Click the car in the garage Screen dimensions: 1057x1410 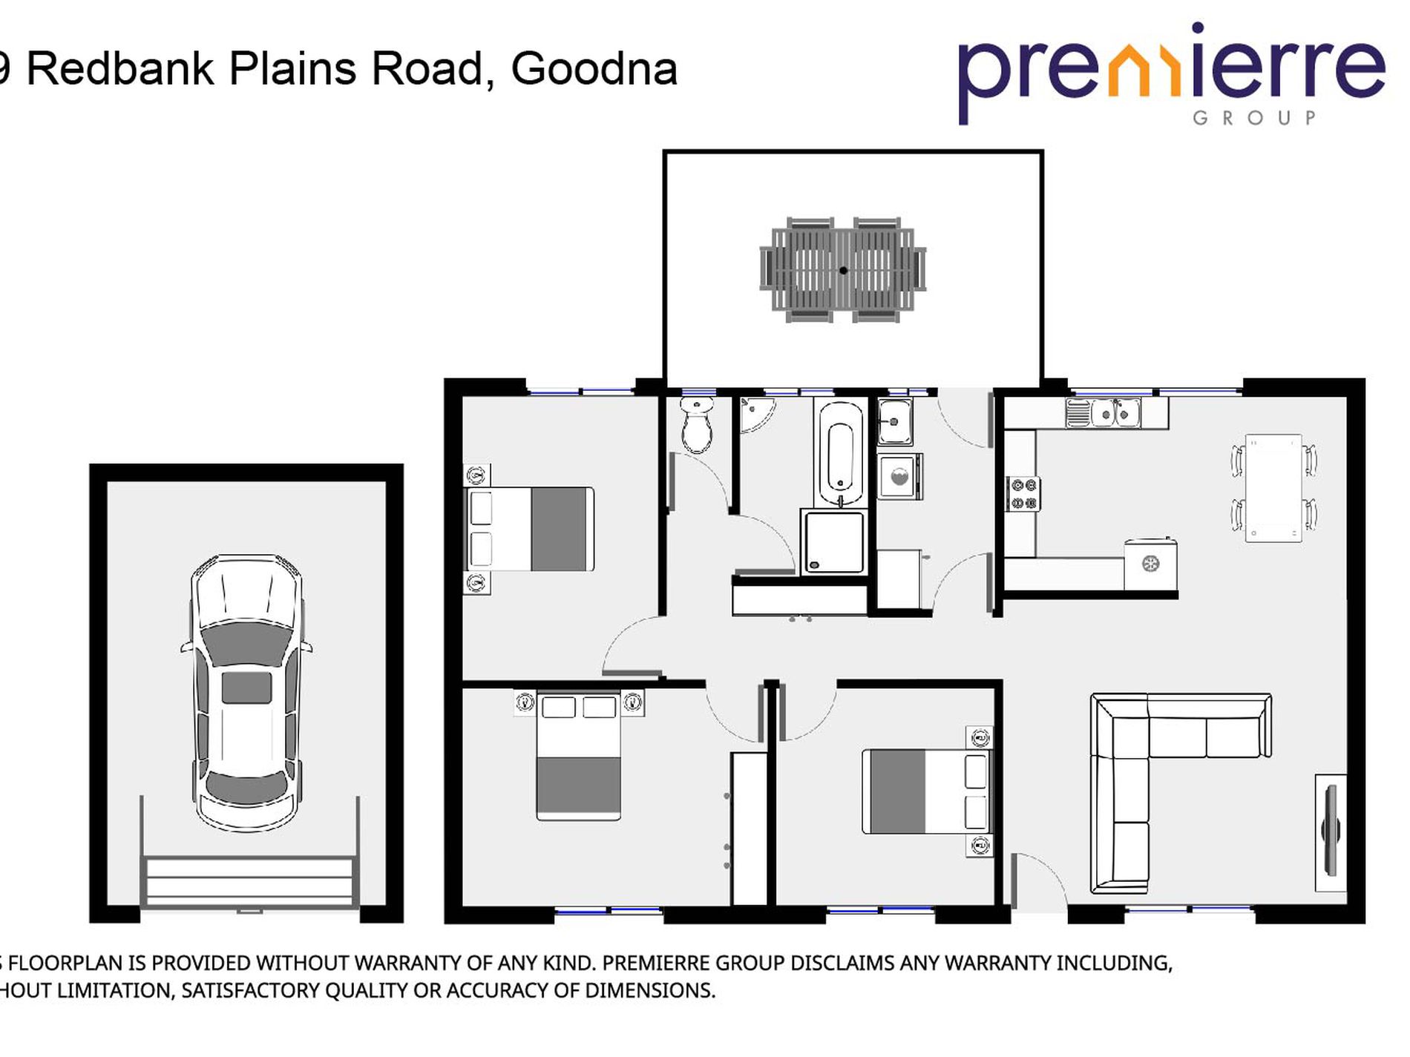[246, 694]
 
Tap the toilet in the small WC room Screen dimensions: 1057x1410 [696, 426]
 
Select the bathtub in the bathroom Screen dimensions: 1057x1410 [840, 453]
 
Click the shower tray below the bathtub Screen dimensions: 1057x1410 [833, 541]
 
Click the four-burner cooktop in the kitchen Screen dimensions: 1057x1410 [1023, 494]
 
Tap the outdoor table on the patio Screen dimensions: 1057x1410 [843, 270]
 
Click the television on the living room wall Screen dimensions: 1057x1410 [1331, 832]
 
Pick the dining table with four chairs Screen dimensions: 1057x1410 [1273, 488]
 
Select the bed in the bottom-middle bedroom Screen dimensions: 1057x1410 [926, 791]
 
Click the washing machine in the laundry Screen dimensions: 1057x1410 [899, 476]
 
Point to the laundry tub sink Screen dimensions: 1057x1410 [895, 421]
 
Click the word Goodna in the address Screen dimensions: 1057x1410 [594, 69]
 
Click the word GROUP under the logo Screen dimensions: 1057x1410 [1254, 118]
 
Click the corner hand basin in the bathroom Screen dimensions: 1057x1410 [755, 412]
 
